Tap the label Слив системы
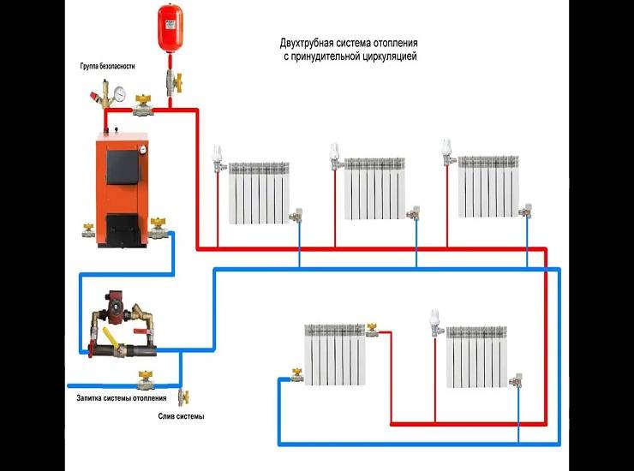[x=182, y=417]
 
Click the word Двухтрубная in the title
[x=308, y=43]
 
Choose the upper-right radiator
[x=489, y=186]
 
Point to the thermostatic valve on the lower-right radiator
[x=435, y=320]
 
